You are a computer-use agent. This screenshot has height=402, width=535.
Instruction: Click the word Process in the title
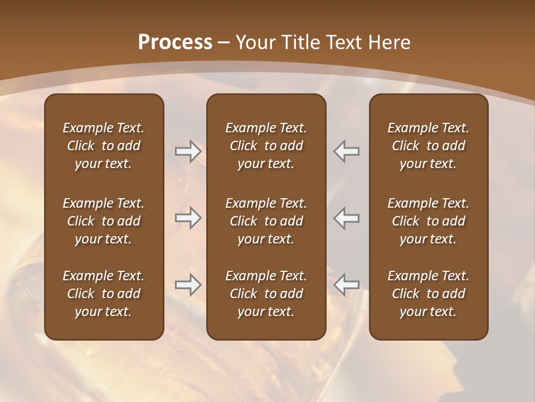(x=175, y=42)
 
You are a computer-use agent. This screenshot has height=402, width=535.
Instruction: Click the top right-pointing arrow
(x=188, y=151)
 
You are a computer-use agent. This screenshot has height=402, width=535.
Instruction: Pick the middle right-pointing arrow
(x=188, y=218)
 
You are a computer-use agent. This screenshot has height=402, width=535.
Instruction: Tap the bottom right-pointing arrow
(x=188, y=285)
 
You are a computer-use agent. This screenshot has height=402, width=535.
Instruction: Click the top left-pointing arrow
(x=347, y=151)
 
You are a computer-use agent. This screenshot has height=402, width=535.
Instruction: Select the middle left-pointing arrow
(x=347, y=218)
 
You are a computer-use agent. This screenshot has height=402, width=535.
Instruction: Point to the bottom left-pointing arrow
(x=347, y=285)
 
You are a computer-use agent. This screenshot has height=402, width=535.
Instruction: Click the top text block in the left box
(x=104, y=146)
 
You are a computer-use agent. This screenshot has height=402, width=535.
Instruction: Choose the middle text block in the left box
(x=104, y=221)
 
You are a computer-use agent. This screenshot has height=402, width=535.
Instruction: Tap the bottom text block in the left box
(x=104, y=294)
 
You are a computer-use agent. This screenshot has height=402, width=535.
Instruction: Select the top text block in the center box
(x=266, y=146)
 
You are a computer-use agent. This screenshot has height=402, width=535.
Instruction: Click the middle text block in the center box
(x=266, y=221)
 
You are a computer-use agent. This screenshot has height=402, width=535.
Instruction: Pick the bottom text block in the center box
(x=266, y=294)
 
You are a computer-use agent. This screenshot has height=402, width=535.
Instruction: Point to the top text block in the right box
(x=429, y=146)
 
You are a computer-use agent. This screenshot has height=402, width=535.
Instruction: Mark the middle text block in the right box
(x=429, y=221)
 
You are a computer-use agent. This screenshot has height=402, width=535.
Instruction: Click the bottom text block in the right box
(x=429, y=294)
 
